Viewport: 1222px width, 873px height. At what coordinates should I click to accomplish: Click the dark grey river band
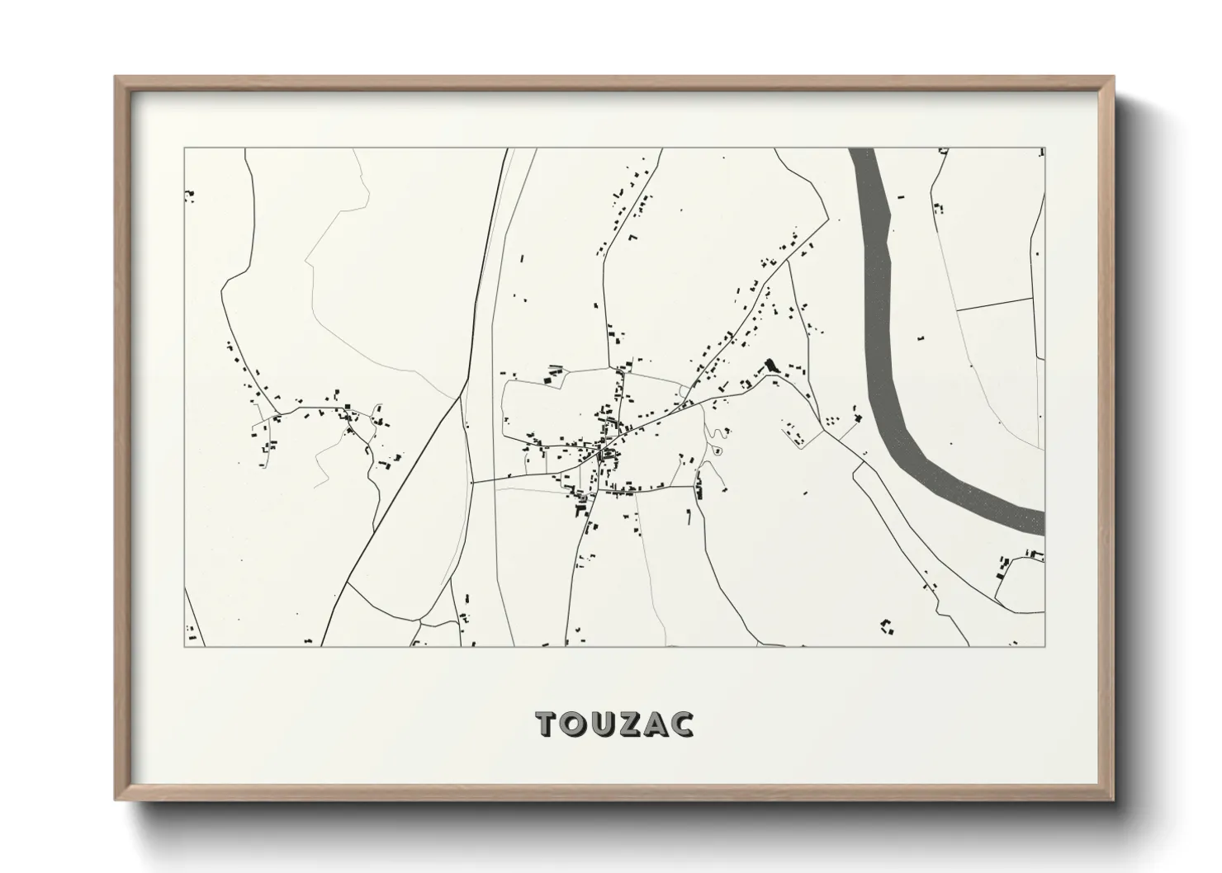tap(883, 289)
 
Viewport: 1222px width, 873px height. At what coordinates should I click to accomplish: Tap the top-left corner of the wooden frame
tap(116, 78)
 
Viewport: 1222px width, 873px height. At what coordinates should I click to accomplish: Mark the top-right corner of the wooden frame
tap(1112, 78)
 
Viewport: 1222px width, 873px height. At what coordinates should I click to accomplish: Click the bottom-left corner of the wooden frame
tap(116, 798)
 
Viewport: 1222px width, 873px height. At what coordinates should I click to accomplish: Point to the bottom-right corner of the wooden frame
tap(1112, 798)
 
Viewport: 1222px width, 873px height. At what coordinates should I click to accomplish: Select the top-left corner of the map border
tap(184, 149)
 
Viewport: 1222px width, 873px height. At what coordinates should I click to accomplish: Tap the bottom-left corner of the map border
tap(184, 646)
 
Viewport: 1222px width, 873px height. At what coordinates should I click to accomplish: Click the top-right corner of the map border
tap(1044, 149)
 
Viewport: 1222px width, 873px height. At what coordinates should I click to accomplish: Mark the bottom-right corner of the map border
tap(1044, 646)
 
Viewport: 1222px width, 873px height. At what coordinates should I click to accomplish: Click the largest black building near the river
tap(772, 365)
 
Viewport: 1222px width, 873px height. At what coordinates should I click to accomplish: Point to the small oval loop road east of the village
tap(717, 451)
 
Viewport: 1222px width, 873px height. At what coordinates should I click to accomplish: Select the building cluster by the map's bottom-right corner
tap(888, 626)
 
